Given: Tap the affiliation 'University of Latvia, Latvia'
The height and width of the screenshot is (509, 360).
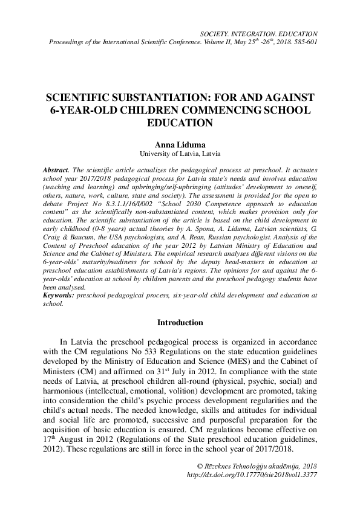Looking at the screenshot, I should pyautogui.click(x=180, y=154).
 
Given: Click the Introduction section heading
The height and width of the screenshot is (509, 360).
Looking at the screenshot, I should pyautogui.click(x=180, y=323).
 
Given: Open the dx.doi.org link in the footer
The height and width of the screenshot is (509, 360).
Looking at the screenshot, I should pyautogui.click(x=252, y=475).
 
